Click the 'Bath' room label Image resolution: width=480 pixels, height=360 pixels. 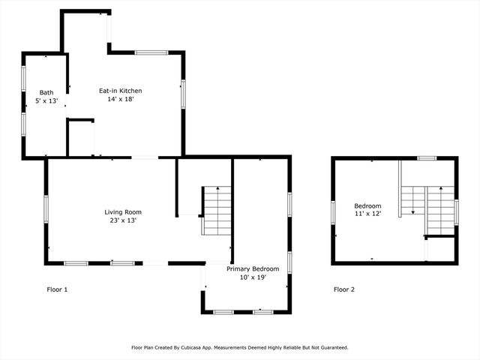point(46,92)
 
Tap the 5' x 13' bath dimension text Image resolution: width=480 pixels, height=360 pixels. point(46,100)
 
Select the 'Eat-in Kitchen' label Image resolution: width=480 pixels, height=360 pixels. point(120,91)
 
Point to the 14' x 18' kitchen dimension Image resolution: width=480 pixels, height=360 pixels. point(120,99)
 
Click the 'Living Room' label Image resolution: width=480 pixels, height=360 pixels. point(123,212)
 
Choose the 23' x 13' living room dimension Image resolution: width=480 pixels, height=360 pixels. point(123,220)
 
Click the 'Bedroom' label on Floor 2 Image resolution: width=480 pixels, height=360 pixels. point(367,206)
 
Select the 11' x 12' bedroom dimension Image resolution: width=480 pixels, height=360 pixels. point(367,214)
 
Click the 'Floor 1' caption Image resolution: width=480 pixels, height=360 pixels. point(57,289)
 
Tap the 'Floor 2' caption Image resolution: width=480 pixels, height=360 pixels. point(344,289)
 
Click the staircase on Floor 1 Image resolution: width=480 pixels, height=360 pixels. point(217,211)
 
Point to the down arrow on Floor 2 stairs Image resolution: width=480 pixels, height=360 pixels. point(412,212)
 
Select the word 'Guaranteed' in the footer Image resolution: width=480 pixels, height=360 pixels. point(331,348)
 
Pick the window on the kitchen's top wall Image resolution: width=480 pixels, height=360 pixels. point(151,52)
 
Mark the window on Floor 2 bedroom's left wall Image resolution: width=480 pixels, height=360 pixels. point(334,212)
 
